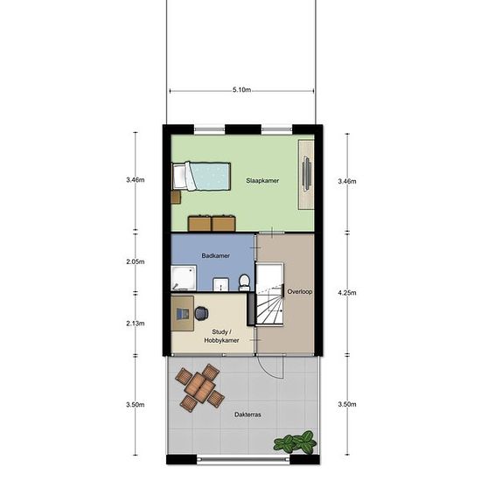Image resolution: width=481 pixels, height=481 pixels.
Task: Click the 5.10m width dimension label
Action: [241, 90]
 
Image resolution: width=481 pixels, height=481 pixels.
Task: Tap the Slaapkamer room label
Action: [262, 181]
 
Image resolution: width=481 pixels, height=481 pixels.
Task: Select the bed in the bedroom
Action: [201, 177]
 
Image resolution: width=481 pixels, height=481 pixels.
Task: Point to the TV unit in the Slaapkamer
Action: [306, 175]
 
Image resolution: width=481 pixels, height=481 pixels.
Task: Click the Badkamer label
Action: [216, 255]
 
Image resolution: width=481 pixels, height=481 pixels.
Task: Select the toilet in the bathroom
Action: [244, 282]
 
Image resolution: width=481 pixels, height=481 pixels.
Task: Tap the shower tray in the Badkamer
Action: [184, 277]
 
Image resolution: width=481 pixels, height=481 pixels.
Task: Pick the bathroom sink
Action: [221, 284]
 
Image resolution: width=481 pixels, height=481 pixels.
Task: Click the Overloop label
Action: [300, 291]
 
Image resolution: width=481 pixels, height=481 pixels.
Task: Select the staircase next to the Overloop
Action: [269, 294]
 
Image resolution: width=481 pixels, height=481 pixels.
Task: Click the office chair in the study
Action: [201, 313]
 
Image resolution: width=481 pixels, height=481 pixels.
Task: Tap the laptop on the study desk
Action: [183, 313]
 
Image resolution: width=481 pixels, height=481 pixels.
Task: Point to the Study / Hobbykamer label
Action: [221, 336]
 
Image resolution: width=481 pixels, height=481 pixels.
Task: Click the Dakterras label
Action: [247, 415]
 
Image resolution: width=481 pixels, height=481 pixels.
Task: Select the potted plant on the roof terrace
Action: [295, 442]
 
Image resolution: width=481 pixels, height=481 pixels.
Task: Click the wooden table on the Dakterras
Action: [200, 387]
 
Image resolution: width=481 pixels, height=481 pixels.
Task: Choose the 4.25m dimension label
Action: [347, 293]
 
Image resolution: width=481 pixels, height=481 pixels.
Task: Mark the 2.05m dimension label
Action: [136, 261]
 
